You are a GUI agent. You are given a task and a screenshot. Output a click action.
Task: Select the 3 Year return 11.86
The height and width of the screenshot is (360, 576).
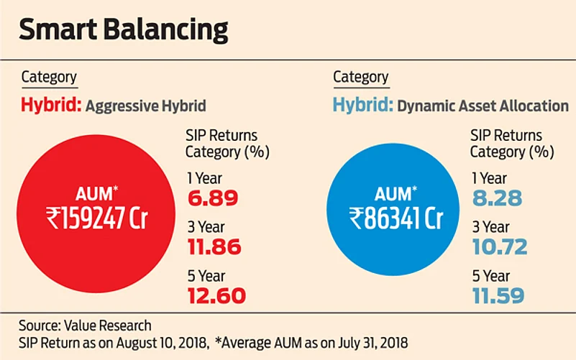214,247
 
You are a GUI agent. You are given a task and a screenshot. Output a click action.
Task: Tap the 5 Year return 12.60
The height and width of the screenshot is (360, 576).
216,295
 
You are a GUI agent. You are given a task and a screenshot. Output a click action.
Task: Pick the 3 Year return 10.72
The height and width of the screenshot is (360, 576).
499,247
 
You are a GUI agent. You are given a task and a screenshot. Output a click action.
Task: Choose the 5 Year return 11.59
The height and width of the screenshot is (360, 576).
498,295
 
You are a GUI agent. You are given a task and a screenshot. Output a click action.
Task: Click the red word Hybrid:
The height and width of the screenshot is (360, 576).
50,106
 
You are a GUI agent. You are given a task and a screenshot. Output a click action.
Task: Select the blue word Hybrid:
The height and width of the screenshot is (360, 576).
362,106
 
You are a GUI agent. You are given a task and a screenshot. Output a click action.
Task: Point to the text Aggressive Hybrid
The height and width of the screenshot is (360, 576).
145,106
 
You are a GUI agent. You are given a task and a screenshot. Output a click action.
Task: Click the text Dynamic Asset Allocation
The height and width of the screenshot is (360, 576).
483,106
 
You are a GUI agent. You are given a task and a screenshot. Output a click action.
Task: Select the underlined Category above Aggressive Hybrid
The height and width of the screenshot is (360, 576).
49,78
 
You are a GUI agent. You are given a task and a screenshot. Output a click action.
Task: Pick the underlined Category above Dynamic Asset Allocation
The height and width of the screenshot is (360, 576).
361,78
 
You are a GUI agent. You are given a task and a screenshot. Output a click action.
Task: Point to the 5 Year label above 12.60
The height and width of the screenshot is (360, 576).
204,275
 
